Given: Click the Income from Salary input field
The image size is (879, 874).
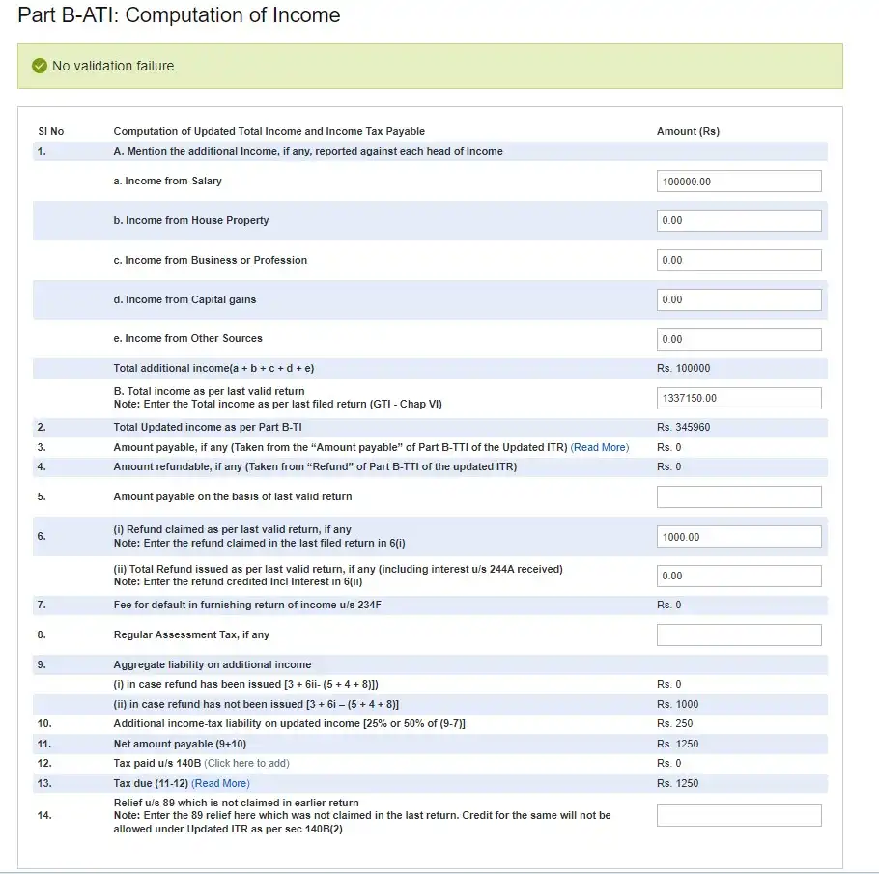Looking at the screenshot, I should pyautogui.click(x=739, y=182).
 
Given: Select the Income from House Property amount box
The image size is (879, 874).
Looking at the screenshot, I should pyautogui.click(x=739, y=221).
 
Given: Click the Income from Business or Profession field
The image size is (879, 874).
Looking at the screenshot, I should pyautogui.click(x=739, y=261).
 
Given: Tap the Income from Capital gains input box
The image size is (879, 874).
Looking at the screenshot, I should pyautogui.click(x=739, y=299).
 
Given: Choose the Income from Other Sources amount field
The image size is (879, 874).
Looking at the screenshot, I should pyautogui.click(x=739, y=339).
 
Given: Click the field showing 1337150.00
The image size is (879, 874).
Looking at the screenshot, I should pyautogui.click(x=739, y=398).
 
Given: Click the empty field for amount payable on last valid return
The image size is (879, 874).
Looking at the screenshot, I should pyautogui.click(x=739, y=496).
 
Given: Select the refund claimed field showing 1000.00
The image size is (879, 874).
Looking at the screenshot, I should pyautogui.click(x=739, y=537).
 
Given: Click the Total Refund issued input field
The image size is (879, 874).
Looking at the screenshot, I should pyautogui.click(x=739, y=576).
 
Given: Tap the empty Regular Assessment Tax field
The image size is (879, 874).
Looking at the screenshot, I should pyautogui.click(x=739, y=634).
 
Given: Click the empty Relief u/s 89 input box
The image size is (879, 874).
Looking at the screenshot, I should pyautogui.click(x=739, y=816).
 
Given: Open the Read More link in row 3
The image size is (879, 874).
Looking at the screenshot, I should pyautogui.click(x=600, y=447).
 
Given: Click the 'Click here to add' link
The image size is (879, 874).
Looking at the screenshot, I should pyautogui.click(x=246, y=763).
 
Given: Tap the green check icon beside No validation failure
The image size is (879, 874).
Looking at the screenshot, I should pyautogui.click(x=40, y=66).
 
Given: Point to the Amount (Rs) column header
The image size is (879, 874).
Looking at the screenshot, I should pyautogui.click(x=688, y=131).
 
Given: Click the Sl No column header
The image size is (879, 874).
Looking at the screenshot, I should pyautogui.click(x=51, y=131).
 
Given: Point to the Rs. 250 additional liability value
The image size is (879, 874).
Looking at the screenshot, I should pyautogui.click(x=674, y=723).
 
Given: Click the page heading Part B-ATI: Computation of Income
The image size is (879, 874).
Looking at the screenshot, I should pyautogui.click(x=179, y=15).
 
